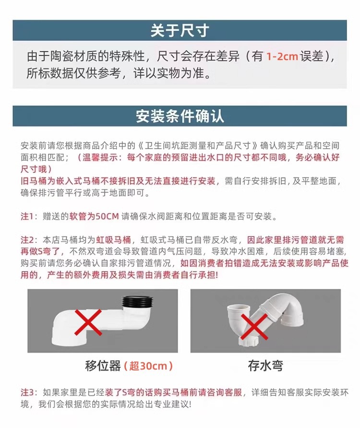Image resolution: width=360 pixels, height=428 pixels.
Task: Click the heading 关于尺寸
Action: click(180, 30)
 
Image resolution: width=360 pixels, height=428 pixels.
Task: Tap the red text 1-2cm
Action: click(282, 57)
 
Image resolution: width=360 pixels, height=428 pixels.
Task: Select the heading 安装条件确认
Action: click(180, 116)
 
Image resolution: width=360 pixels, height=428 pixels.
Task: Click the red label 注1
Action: click(27, 216)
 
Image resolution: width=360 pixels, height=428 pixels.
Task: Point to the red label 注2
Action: click(27, 240)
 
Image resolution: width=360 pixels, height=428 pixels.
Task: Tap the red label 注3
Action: click(27, 392)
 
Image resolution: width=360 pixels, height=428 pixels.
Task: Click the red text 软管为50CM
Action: click(94, 216)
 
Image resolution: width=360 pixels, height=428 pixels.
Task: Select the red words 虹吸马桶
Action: click(113, 240)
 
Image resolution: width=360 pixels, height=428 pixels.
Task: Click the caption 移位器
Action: click(103, 366)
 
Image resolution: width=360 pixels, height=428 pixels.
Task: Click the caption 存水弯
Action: click(265, 366)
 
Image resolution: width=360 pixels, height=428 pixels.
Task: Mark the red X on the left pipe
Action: click(88, 322)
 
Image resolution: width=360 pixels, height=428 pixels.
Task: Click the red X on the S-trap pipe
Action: click(254, 326)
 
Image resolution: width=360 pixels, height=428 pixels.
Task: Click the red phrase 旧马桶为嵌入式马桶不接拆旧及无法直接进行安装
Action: click(118, 181)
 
